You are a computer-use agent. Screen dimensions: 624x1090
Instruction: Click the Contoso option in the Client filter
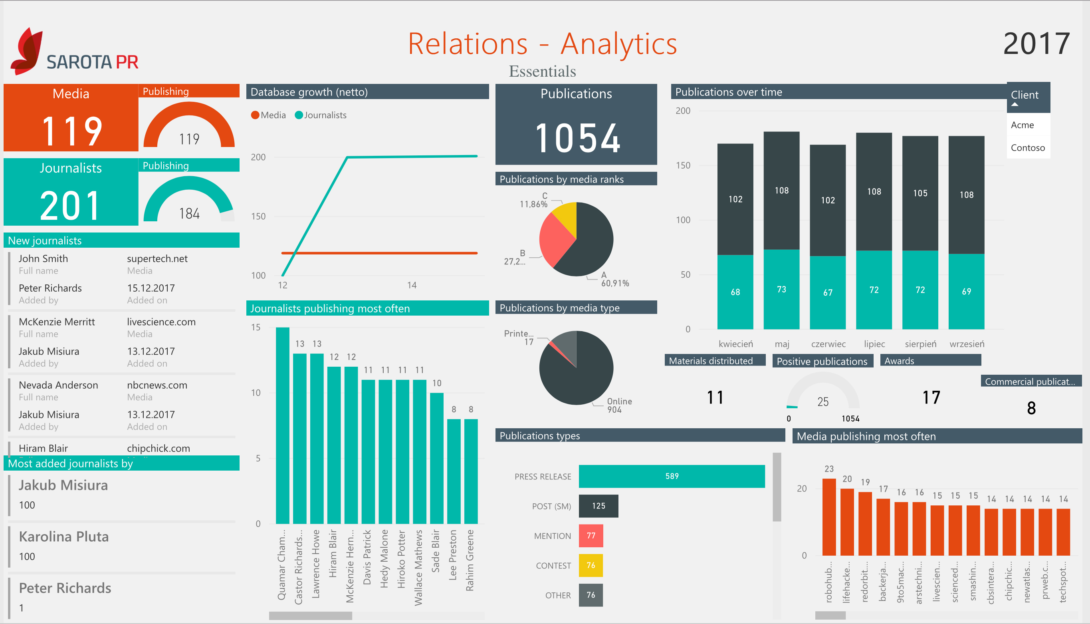coord(1027,148)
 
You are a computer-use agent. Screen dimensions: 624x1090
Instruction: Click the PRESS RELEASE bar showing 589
coord(671,476)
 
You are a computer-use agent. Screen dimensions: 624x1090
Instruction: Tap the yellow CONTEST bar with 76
coord(591,565)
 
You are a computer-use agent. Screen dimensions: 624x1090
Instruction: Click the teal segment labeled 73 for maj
coord(781,290)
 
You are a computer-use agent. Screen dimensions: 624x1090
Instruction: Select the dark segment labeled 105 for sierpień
coord(920,193)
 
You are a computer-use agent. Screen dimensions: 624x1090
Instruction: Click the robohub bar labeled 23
coord(829,517)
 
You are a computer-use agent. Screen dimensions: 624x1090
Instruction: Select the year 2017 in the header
coord(1036,44)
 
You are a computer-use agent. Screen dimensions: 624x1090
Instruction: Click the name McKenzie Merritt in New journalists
coord(57,322)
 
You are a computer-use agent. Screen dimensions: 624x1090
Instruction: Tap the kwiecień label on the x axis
coord(735,344)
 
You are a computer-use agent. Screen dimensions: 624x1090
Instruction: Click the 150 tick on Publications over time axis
coord(683,165)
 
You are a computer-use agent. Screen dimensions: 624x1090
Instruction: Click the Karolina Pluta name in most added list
coord(64,537)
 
